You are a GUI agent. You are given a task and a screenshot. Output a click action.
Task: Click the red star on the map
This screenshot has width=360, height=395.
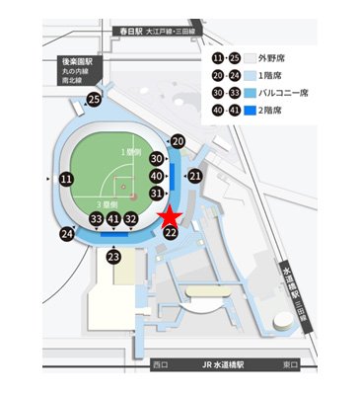click(169, 215)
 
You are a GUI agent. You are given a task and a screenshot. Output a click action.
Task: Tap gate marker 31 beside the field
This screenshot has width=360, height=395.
click(157, 193)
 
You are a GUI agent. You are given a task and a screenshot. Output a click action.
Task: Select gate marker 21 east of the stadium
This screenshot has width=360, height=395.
click(195, 176)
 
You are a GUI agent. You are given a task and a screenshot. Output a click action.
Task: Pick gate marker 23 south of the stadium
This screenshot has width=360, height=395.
click(113, 257)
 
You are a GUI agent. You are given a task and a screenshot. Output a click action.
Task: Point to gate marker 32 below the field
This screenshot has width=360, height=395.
click(131, 219)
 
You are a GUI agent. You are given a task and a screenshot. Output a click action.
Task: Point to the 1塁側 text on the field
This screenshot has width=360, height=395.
click(131, 153)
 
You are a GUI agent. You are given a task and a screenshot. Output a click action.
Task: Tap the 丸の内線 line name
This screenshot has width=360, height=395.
click(76, 71)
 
